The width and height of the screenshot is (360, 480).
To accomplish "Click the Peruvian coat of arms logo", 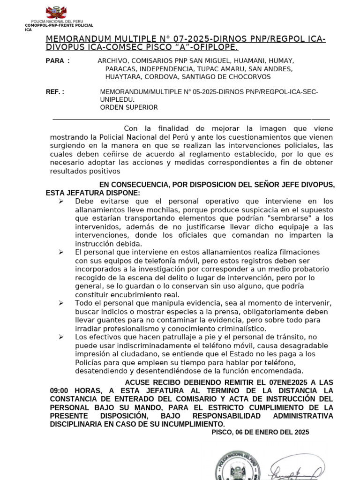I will (x=56, y=12).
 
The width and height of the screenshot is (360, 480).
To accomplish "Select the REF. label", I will (x=55, y=92).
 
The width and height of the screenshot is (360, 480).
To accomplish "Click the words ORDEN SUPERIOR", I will (x=129, y=107).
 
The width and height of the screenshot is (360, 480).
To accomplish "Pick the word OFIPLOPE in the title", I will (x=216, y=48).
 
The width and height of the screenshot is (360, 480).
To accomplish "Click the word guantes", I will (x=110, y=320).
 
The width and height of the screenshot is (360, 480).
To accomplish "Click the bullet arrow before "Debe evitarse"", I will (x=61, y=201).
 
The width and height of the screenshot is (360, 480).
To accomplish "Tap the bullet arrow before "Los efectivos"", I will (x=61, y=337).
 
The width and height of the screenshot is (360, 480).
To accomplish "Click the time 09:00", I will (x=60, y=391).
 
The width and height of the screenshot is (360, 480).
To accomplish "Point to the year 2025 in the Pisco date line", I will (x=301, y=433).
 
